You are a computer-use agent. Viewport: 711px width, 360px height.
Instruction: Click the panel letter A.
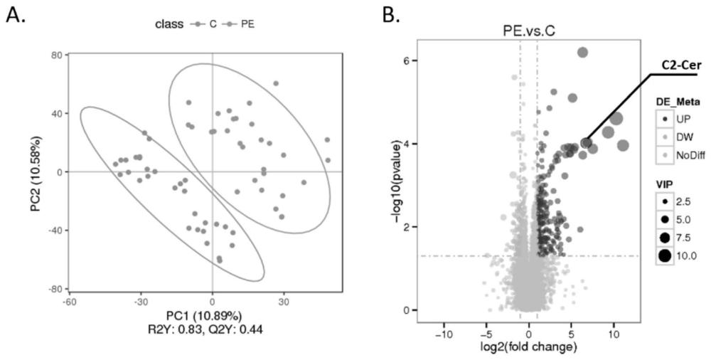(15, 15)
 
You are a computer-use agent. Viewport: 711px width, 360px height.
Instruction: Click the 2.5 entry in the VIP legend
(681, 201)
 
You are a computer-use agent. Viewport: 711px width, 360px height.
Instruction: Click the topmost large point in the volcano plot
(582, 52)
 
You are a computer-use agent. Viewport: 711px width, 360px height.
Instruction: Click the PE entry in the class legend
(248, 23)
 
